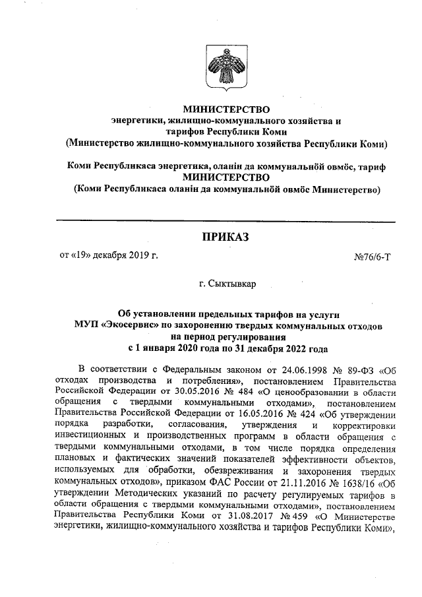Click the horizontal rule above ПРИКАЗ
pyautogui.click(x=225, y=220)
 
